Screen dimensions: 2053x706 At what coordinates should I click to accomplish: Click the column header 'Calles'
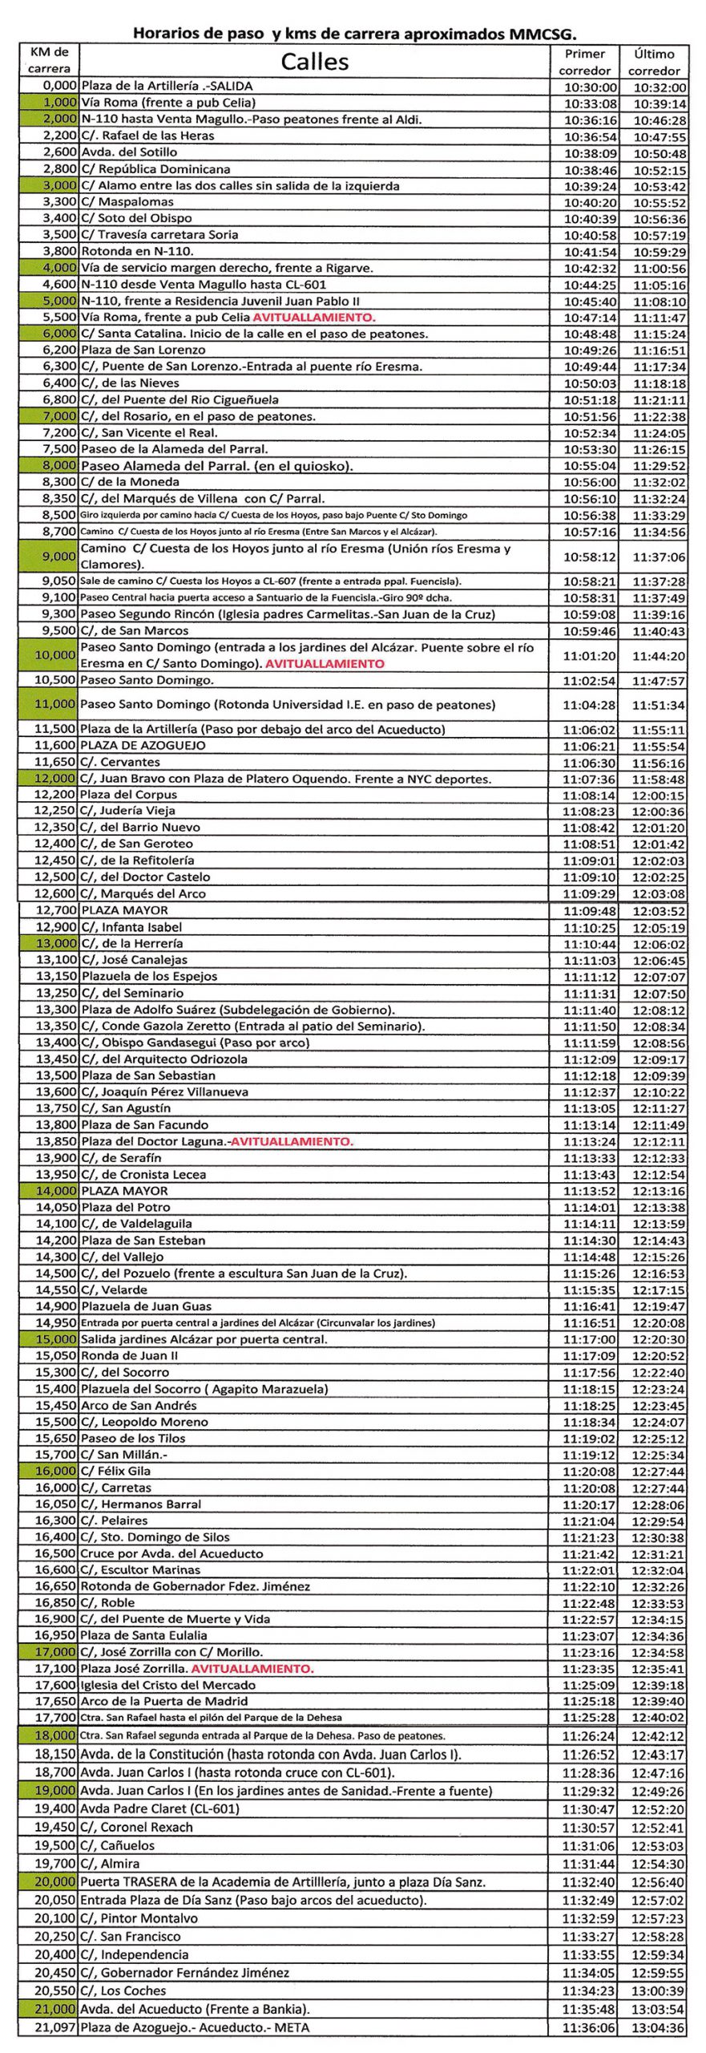(314, 62)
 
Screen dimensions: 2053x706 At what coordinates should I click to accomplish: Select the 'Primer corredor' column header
(584, 62)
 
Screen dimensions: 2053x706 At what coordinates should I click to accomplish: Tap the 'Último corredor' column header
(654, 62)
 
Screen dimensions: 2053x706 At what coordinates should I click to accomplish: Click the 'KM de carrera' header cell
(50, 60)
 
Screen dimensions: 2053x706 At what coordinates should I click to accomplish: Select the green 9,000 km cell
(50, 557)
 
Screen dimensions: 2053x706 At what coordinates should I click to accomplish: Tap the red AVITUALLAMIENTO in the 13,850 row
(292, 1141)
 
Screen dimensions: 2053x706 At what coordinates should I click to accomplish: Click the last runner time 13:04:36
(658, 2028)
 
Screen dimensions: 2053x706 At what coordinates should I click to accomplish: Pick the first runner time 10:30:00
(590, 87)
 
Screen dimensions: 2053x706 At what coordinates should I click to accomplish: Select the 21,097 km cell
(50, 2027)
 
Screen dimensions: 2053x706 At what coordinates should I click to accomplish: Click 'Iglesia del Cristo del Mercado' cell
(167, 1685)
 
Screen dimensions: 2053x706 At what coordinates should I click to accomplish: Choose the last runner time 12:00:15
(658, 796)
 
